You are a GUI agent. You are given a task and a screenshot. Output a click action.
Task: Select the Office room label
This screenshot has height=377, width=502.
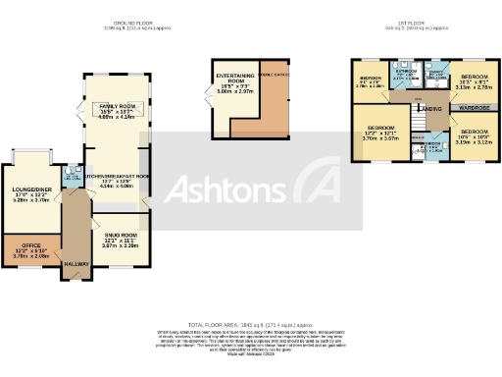pyautogui.click(x=22, y=245)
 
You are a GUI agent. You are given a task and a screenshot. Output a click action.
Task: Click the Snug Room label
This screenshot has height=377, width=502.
pyautogui.click(x=122, y=236)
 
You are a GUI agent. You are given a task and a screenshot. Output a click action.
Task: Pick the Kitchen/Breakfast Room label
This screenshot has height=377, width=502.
pyautogui.click(x=117, y=177)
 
